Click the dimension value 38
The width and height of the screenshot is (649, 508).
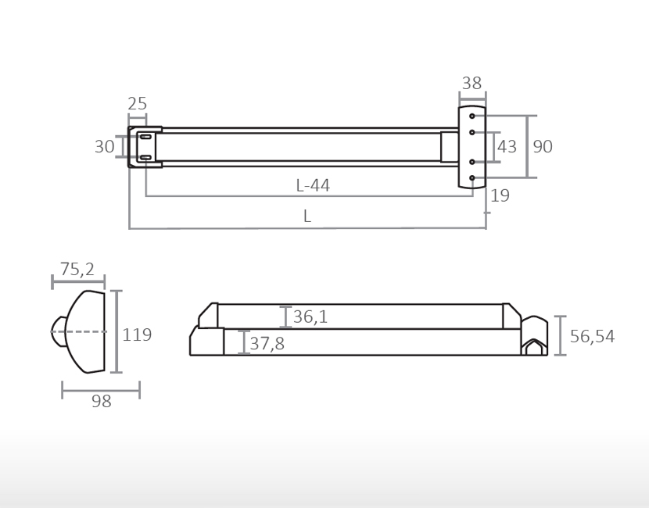tap(472, 83)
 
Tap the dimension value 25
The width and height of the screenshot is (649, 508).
tap(138, 104)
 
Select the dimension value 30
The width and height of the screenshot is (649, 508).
tap(104, 147)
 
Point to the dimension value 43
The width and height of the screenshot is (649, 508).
tap(507, 147)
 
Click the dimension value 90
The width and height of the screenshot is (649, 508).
tap(543, 147)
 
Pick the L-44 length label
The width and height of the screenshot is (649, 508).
tap(313, 186)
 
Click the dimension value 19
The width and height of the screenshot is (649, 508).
tap(500, 196)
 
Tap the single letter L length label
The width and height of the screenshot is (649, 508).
tap(307, 217)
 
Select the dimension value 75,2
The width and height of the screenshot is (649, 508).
tap(77, 270)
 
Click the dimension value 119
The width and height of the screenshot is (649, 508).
tap(137, 335)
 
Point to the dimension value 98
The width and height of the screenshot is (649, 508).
tap(102, 402)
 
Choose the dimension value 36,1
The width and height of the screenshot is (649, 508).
tap(310, 317)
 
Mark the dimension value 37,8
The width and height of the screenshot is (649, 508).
tap(267, 344)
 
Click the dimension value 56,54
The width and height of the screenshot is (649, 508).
tap(592, 337)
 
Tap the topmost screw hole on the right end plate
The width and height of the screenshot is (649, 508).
tap(472, 116)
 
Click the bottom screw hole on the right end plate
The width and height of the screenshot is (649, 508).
tap(472, 178)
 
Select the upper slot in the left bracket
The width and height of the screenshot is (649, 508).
tap(145, 137)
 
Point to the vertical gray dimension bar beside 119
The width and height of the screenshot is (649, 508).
tap(117, 332)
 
